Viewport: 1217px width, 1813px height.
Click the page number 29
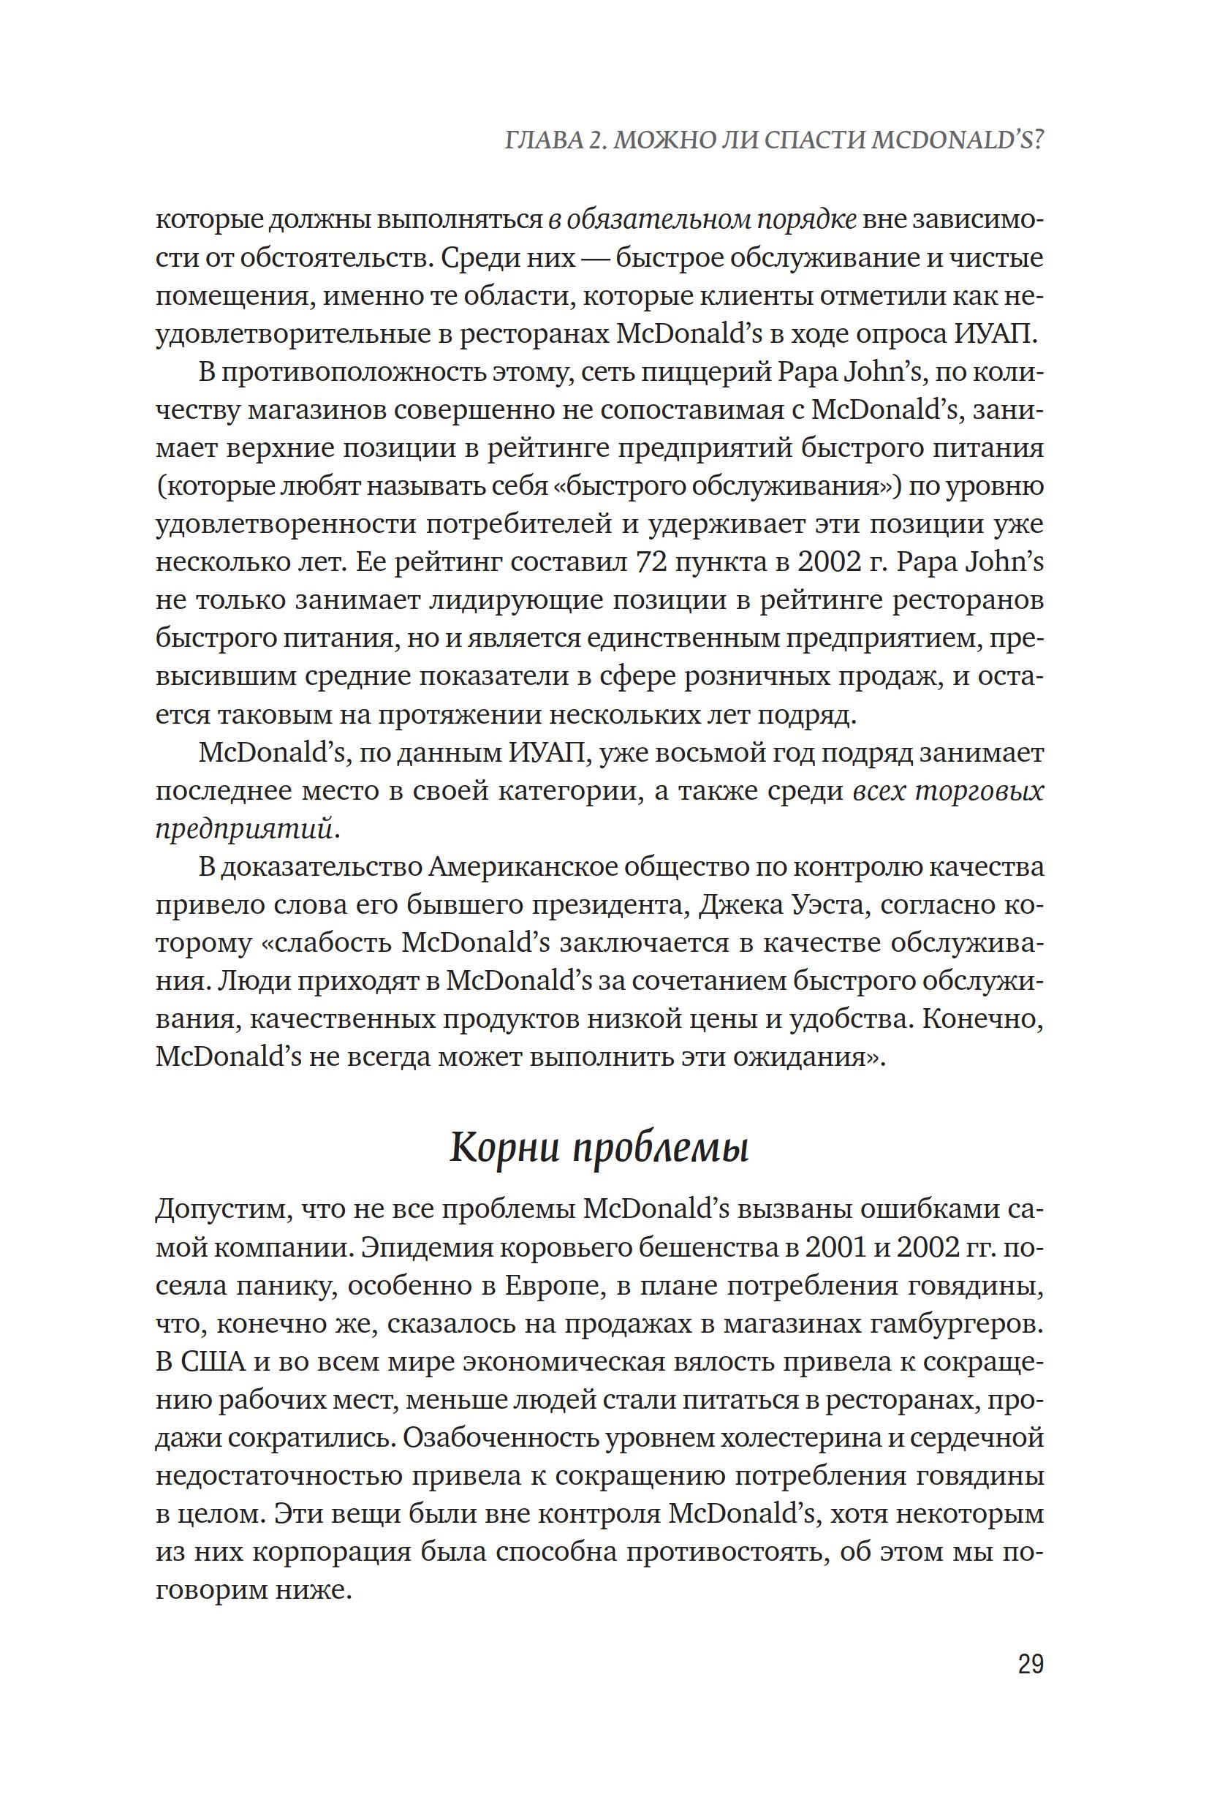click(1030, 1664)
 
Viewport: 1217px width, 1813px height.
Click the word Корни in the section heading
click(504, 1147)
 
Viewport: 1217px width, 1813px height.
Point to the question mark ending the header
click(1038, 140)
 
